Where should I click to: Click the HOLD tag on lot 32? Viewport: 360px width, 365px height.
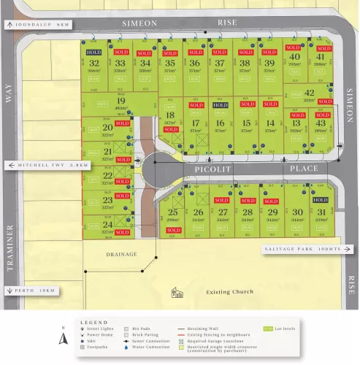click(x=93, y=53)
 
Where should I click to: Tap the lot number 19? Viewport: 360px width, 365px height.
click(x=120, y=101)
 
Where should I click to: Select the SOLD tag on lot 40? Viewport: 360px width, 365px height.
click(x=294, y=47)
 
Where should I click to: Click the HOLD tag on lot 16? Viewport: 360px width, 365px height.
click(x=220, y=105)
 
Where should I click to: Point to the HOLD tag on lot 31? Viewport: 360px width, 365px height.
click(x=320, y=199)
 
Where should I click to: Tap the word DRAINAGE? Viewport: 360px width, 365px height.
click(x=121, y=254)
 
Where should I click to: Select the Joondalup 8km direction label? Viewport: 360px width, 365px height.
click(x=38, y=24)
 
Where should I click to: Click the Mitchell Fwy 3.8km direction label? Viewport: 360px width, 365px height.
click(x=48, y=165)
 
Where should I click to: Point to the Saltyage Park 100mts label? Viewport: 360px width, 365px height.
click(x=302, y=249)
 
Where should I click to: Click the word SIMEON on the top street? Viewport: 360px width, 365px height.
click(x=139, y=23)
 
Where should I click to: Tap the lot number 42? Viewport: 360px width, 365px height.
click(x=309, y=93)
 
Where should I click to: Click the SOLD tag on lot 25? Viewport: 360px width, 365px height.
click(x=173, y=230)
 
